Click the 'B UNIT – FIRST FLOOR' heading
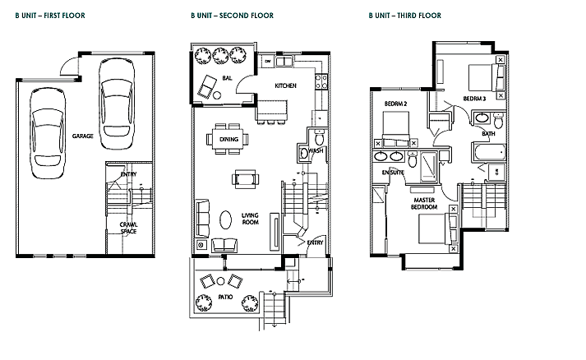click(x=50, y=16)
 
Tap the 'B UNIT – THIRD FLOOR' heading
click(x=404, y=16)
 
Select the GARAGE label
click(x=82, y=136)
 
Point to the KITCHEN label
click(x=285, y=86)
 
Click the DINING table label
click(x=228, y=140)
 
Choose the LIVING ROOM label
click(x=250, y=219)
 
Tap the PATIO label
click(x=225, y=297)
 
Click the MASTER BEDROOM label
click(x=424, y=203)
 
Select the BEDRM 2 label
click(x=396, y=104)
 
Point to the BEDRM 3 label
click(x=474, y=99)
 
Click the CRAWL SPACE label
click(x=128, y=228)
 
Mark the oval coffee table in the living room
click(x=225, y=219)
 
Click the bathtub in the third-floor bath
click(x=489, y=152)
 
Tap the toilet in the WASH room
click(x=319, y=138)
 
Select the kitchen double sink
click(x=284, y=61)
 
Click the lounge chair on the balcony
click(x=207, y=86)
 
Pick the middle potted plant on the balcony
click(x=220, y=55)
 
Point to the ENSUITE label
click(x=393, y=173)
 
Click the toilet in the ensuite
click(x=413, y=159)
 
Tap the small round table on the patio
click(x=220, y=281)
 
